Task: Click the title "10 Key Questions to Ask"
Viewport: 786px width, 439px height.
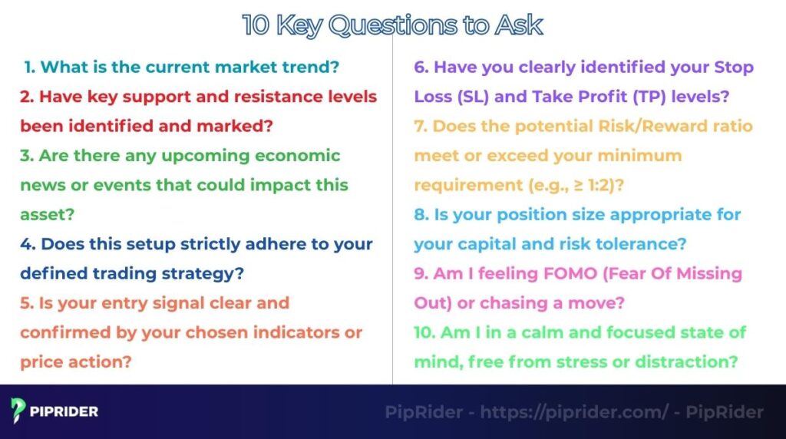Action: [x=392, y=25]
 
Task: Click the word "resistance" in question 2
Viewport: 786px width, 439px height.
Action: [x=271, y=97]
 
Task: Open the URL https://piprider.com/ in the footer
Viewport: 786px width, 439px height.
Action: [x=574, y=412]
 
